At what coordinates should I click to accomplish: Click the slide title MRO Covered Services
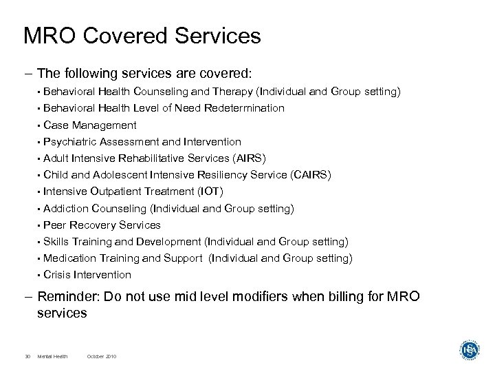142,36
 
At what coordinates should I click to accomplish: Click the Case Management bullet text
89,125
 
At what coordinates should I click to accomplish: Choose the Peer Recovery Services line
102,225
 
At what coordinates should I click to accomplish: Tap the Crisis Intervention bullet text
87,274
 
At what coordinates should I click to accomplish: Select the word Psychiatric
70,142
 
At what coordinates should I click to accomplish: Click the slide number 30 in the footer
27,356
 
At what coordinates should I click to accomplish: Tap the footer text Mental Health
58,356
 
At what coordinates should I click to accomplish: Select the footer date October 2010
102,356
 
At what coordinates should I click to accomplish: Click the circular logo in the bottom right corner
471,350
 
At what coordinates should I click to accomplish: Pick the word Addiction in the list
66,208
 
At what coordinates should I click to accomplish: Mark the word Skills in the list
55,241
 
